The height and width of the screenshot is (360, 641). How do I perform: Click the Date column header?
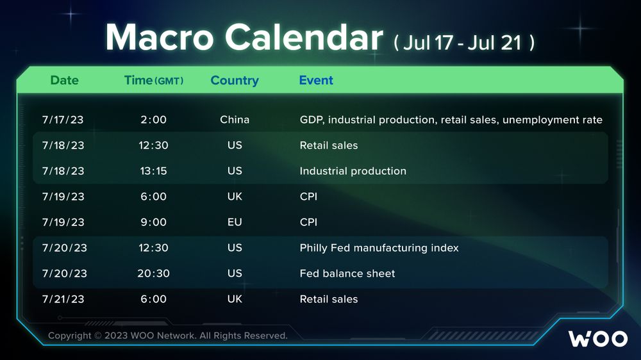[x=64, y=80]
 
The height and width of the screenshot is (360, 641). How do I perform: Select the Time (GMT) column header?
[x=154, y=80]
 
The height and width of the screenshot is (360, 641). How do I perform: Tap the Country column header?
[x=235, y=81]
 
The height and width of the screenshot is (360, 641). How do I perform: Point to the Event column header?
[x=316, y=80]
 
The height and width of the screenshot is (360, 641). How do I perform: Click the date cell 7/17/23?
[x=63, y=120]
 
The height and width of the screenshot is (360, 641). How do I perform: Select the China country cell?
[x=235, y=119]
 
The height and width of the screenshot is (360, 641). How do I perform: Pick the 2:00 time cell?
[x=154, y=120]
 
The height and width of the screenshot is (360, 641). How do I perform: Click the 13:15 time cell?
[x=154, y=171]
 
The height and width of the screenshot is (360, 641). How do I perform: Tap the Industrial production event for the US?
[x=353, y=171]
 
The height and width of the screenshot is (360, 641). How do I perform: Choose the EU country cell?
[x=235, y=222]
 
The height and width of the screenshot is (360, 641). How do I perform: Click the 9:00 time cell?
[x=154, y=222]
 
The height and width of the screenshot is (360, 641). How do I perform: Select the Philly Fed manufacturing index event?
[x=379, y=248]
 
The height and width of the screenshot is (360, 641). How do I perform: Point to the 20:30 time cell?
[x=154, y=274]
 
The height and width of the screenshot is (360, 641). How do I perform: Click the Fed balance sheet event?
[x=347, y=274]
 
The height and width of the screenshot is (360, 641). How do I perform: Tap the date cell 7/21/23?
[x=63, y=299]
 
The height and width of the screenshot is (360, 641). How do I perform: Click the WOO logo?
[x=598, y=339]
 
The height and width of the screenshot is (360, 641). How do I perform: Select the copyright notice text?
[x=167, y=336]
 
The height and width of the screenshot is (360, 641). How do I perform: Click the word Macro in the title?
[x=160, y=37]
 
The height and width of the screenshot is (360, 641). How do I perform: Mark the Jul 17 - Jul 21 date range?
[x=464, y=43]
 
